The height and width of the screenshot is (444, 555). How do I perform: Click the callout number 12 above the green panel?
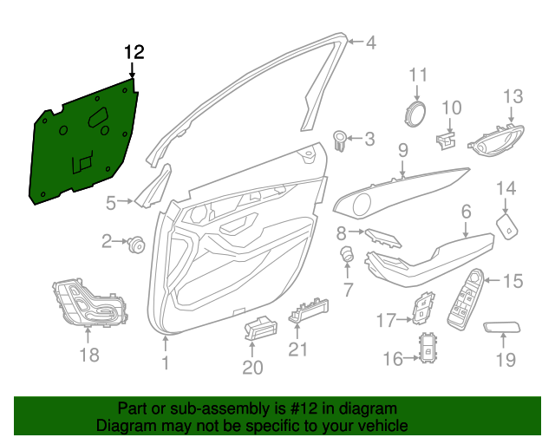pos(133,52)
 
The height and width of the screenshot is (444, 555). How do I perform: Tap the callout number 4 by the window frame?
pos(370,42)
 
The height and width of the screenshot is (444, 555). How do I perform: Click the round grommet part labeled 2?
pos(136,245)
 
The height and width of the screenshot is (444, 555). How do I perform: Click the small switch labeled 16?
pos(429,349)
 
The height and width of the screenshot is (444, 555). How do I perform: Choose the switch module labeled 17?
pos(423,307)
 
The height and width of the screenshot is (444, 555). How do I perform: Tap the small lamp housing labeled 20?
pos(258,328)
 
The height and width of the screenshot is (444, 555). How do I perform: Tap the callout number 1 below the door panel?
pos(165,363)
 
